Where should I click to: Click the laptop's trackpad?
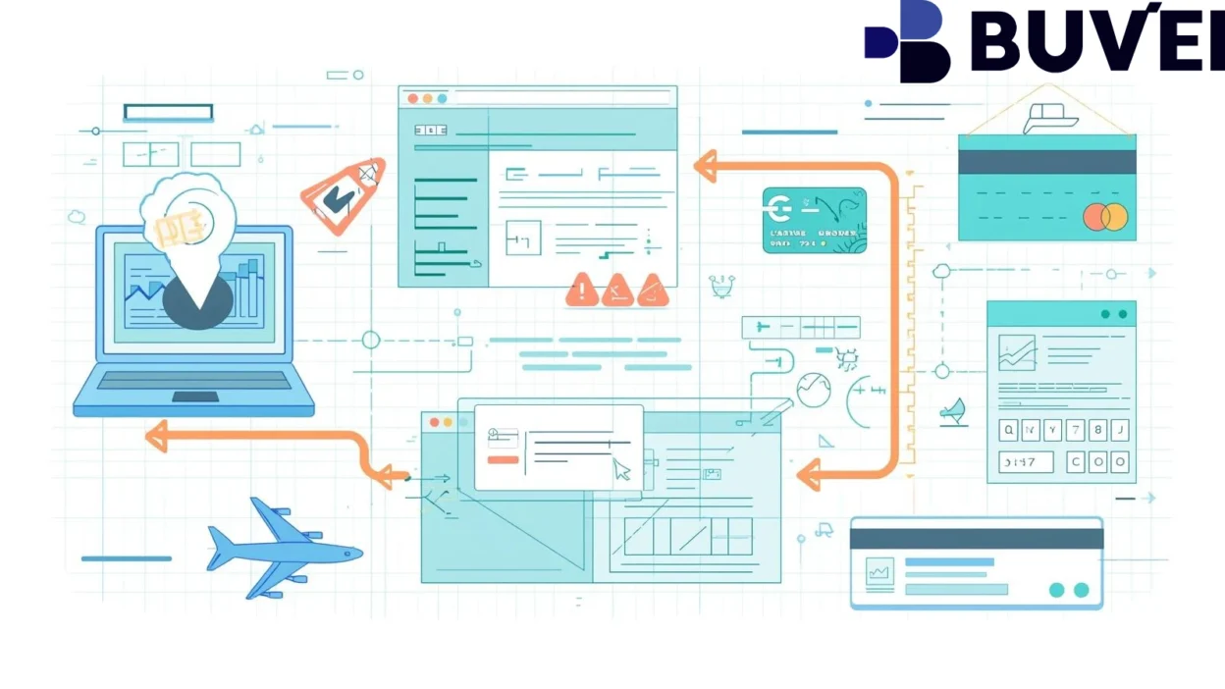pos(195,397)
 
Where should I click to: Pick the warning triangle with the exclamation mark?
pos(582,290)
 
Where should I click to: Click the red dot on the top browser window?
pos(413,98)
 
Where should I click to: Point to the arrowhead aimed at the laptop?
pos(156,436)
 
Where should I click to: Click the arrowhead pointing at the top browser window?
pos(705,165)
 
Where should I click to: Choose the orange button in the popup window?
pos(503,459)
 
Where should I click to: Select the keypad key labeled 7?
pos(1075,430)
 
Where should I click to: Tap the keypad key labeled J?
pos(1120,430)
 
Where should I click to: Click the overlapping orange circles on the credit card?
pos(1105,217)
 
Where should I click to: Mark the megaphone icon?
pos(952,411)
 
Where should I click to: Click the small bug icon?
pos(846,359)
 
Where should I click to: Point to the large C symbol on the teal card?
pos(782,209)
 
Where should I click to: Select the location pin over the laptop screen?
pos(196,250)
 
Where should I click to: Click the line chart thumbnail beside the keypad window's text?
pos(1017,352)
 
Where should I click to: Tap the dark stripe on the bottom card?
pos(976,539)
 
